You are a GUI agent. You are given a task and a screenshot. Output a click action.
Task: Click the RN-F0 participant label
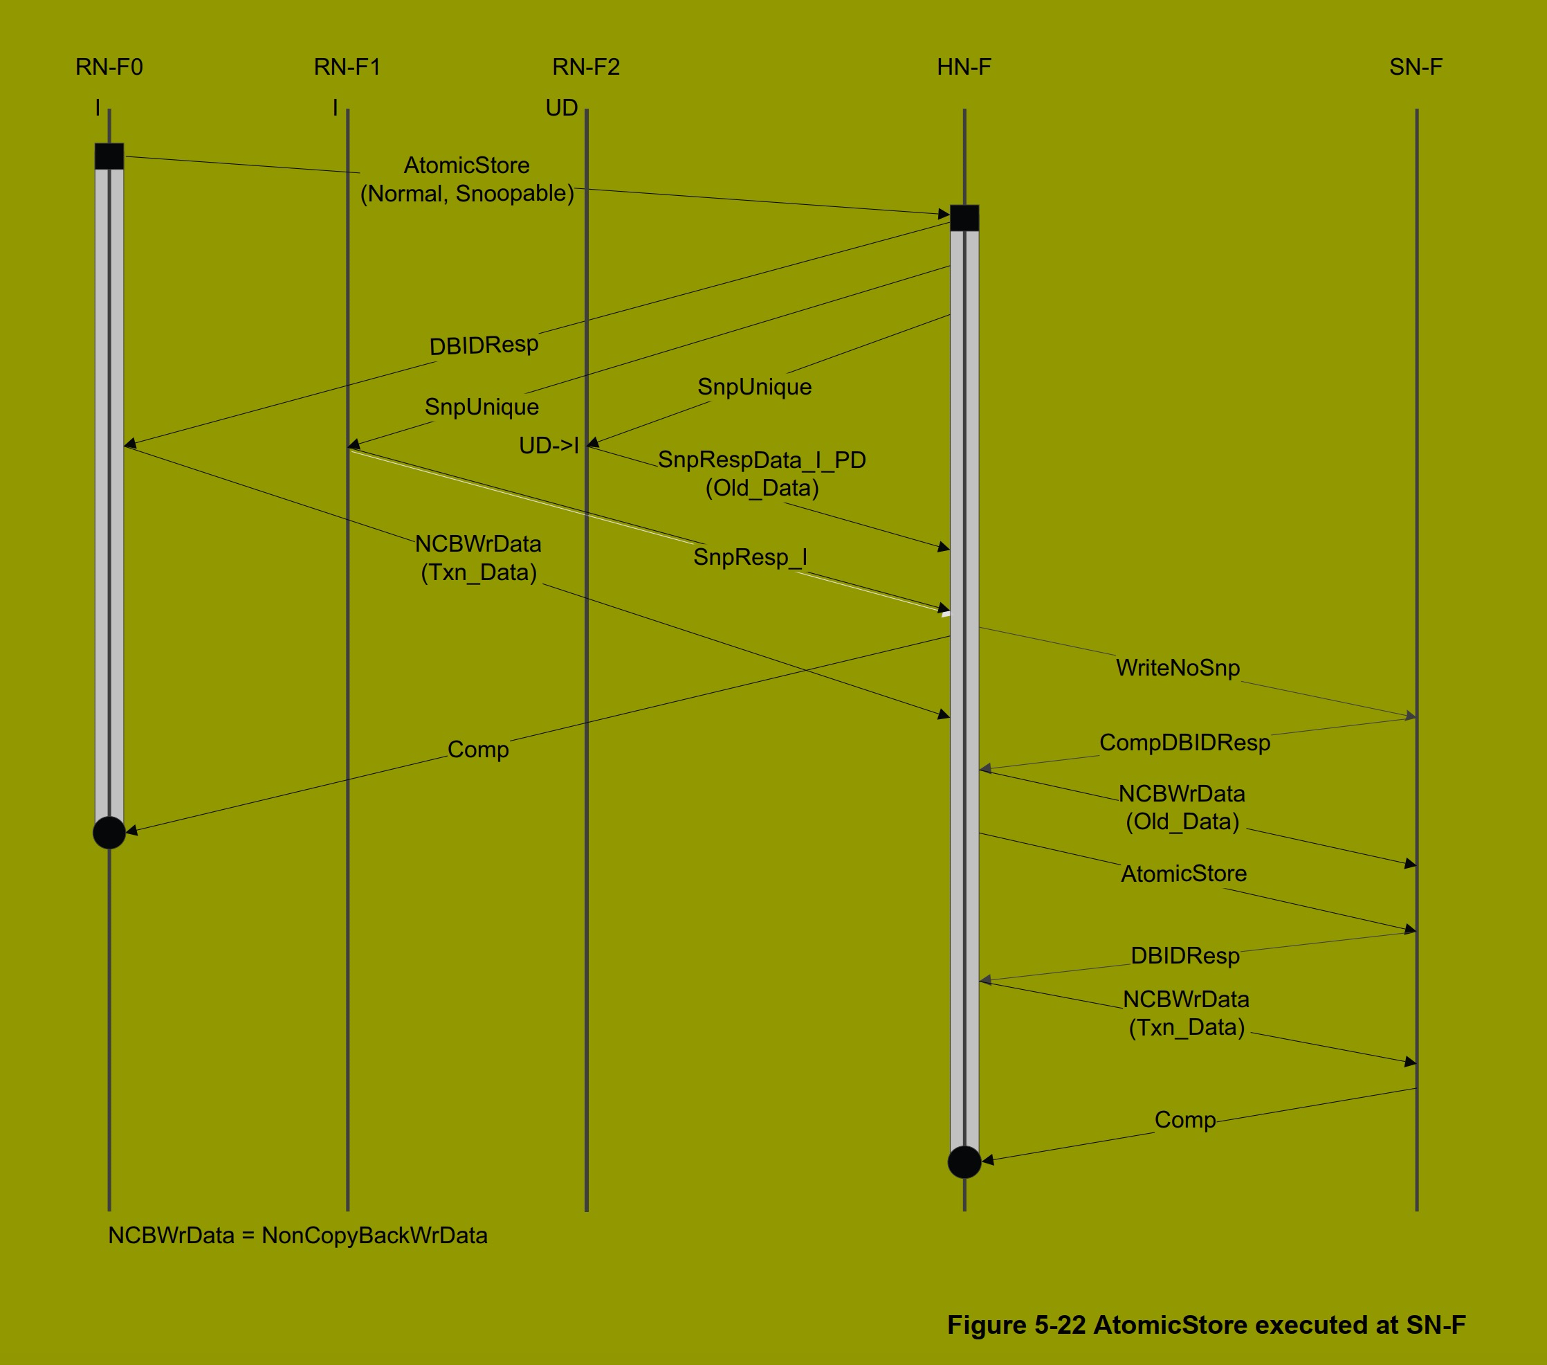[x=109, y=67]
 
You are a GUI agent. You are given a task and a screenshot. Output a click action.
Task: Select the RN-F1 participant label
[x=347, y=67]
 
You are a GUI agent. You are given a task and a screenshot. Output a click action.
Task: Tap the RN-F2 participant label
[x=586, y=67]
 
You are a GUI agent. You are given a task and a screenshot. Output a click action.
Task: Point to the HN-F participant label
[x=964, y=67]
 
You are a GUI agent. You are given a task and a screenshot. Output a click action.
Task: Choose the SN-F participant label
[x=1416, y=67]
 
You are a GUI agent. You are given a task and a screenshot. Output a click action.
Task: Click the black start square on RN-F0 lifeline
[x=109, y=156]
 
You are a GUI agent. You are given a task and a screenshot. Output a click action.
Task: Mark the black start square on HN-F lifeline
[x=964, y=217]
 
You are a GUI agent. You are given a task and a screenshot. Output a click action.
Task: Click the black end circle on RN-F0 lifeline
[x=109, y=832]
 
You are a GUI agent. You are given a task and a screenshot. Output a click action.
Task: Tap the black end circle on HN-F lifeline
[x=964, y=1161]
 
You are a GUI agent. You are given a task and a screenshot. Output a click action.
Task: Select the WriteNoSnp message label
[x=1178, y=668]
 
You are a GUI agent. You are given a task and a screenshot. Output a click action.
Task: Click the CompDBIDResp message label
[x=1184, y=743]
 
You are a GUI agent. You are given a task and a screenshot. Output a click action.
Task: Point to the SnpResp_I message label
[x=750, y=557]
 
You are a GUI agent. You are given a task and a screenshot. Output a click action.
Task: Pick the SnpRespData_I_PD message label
[x=761, y=460]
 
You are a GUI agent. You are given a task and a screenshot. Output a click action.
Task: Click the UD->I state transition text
[x=549, y=445]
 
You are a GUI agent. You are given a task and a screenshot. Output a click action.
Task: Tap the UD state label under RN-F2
[x=562, y=108]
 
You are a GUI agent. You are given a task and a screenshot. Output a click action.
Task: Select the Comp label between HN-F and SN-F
[x=1184, y=1120]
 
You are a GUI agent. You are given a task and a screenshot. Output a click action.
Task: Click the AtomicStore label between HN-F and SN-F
[x=1184, y=874]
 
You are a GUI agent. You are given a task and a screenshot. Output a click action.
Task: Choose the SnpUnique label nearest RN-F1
[x=482, y=407]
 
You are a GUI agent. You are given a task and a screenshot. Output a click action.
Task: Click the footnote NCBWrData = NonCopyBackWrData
[x=297, y=1236]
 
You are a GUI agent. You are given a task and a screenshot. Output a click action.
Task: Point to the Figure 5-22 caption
[x=1207, y=1325]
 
